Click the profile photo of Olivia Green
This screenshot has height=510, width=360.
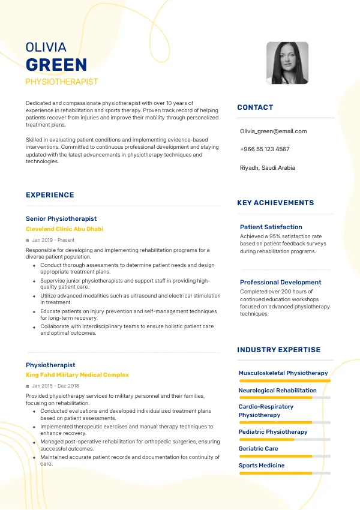[287, 62]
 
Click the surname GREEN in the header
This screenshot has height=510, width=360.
[56, 65]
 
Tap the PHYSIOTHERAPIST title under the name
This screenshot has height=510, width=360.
[62, 82]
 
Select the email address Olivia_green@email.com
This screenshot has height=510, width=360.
[273, 131]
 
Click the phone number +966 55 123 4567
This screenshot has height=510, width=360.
[265, 149]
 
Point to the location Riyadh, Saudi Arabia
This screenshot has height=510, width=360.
[267, 168]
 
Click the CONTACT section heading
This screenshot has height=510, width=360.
[255, 107]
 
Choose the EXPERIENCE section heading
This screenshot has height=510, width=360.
[50, 195]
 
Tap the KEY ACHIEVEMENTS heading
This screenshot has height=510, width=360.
[275, 203]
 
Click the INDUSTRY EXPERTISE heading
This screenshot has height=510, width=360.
[279, 350]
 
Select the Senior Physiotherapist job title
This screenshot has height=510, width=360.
[61, 218]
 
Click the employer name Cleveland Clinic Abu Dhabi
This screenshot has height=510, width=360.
[64, 229]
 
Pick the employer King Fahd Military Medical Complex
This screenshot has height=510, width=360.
[77, 375]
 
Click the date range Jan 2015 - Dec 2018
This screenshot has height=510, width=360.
[55, 386]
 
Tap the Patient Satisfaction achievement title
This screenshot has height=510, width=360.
[271, 227]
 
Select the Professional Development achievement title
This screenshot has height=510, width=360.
[281, 282]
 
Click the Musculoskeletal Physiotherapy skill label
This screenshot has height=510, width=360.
[283, 373]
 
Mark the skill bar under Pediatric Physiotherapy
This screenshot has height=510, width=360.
[284, 439]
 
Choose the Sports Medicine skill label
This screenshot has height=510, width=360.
[262, 466]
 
